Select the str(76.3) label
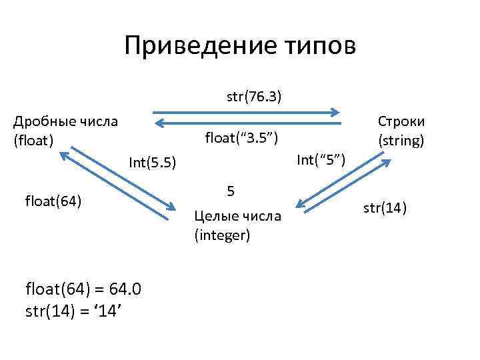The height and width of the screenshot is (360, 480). point(253,97)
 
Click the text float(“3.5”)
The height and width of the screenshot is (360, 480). point(237,138)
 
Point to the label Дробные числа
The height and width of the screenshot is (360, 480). point(66,121)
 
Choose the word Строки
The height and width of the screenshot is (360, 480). point(401,121)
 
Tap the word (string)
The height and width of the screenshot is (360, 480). point(401,140)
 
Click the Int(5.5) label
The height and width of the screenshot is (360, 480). point(152,162)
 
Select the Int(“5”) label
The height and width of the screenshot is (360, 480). point(321,159)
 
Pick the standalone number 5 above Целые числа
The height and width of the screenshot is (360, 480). point(230,191)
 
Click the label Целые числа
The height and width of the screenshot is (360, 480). point(237,216)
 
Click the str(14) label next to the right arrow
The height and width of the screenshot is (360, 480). point(385,208)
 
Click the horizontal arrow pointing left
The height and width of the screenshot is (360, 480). point(247,123)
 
